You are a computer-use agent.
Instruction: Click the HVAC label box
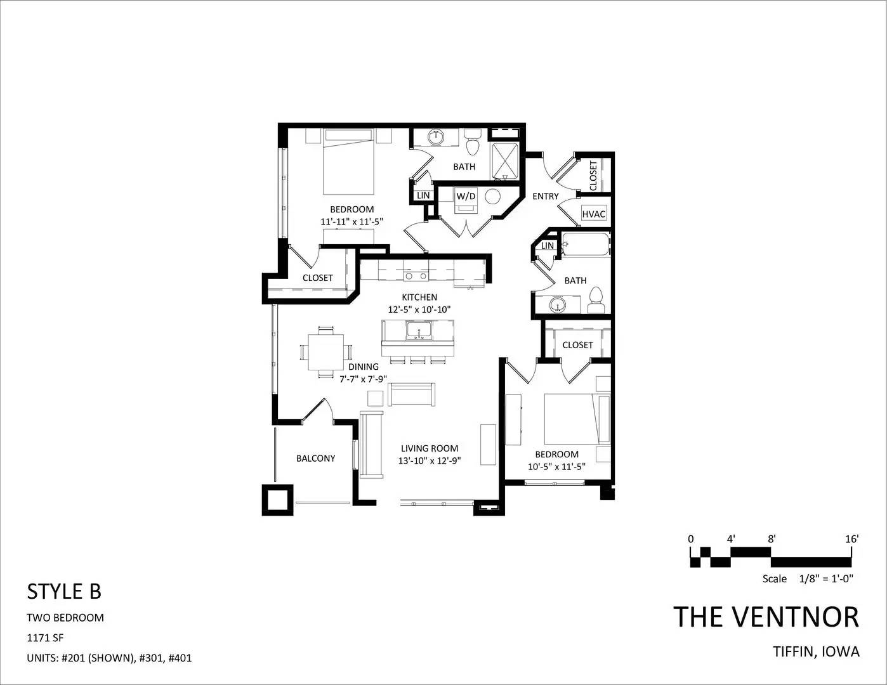click(x=593, y=214)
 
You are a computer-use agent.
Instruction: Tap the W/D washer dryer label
click(x=466, y=196)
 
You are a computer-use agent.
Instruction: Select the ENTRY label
click(x=546, y=197)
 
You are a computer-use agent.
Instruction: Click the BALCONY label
click(x=315, y=458)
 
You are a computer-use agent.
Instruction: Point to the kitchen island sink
click(x=419, y=330)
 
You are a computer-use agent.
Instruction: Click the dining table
click(x=325, y=351)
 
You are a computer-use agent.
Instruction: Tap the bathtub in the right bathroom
click(x=586, y=244)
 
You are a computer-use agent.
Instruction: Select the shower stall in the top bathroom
click(x=505, y=162)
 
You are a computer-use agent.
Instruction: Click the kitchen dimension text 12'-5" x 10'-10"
click(x=419, y=310)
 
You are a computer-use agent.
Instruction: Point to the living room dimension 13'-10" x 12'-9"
click(x=430, y=461)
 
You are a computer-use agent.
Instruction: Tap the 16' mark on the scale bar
click(x=851, y=539)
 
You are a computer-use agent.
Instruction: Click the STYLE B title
click(x=64, y=592)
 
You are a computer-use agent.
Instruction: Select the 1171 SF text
click(x=45, y=637)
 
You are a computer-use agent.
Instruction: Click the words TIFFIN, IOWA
click(x=817, y=652)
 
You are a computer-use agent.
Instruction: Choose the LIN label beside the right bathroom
click(x=547, y=245)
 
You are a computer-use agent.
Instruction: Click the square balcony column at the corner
click(x=277, y=500)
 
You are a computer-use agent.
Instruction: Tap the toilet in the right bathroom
click(x=596, y=300)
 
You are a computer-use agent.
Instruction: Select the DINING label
click(x=364, y=367)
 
